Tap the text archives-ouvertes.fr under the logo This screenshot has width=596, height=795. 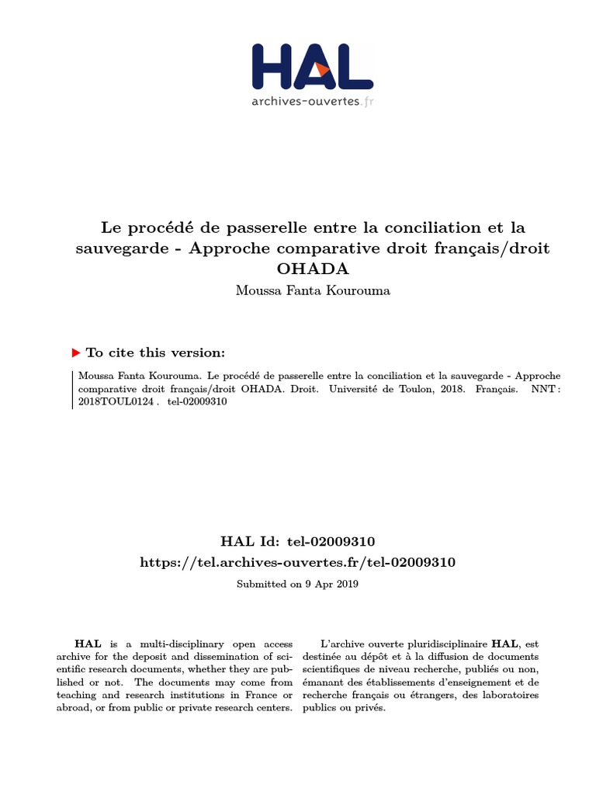point(312,101)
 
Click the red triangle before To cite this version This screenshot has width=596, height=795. point(75,352)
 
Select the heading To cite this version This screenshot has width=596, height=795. point(155,352)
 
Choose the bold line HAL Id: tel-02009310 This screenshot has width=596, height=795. point(298,540)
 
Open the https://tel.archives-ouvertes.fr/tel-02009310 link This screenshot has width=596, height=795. point(298,561)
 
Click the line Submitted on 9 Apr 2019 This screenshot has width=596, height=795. point(298,583)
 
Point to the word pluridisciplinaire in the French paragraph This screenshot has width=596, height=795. point(445,644)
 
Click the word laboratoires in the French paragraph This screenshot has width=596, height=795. point(509,695)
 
